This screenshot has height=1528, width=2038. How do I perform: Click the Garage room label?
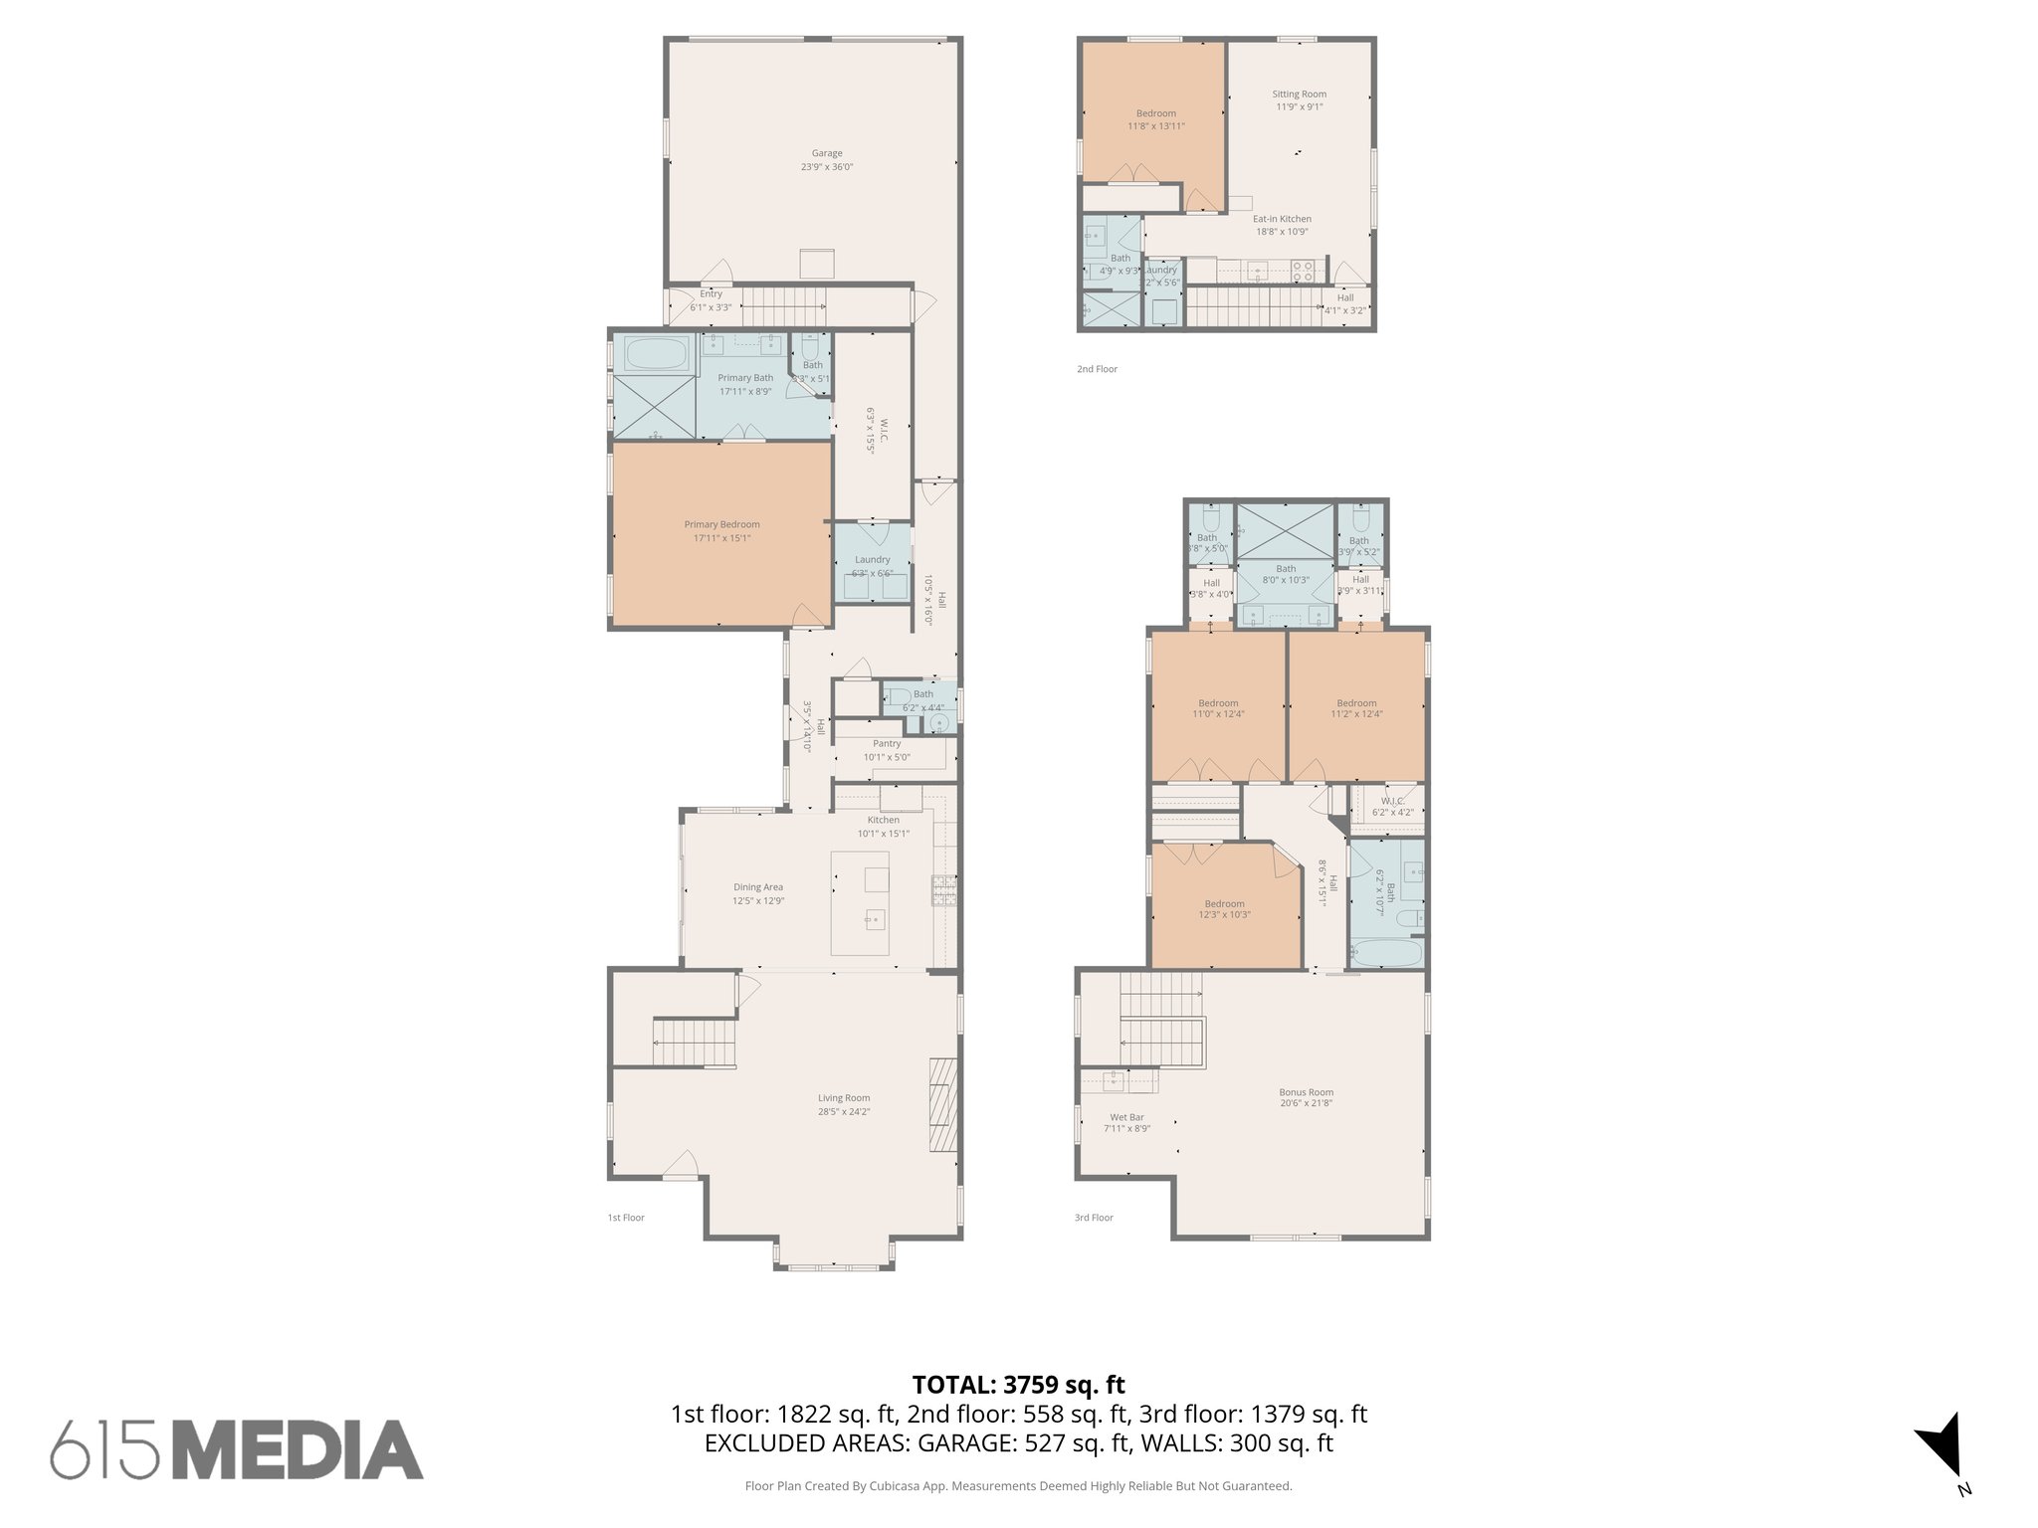pyautogui.click(x=826, y=153)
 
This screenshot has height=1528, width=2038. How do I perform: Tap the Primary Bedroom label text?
pyautogui.click(x=721, y=524)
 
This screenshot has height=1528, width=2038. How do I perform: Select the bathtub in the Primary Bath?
pyautogui.click(x=656, y=352)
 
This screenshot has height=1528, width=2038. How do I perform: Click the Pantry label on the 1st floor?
pyautogui.click(x=886, y=743)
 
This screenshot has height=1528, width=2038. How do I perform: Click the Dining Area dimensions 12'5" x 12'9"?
pyautogui.click(x=758, y=900)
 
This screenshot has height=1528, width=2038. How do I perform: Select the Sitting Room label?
pyautogui.click(x=1299, y=94)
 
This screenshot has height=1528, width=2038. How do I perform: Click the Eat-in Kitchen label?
pyautogui.click(x=1281, y=219)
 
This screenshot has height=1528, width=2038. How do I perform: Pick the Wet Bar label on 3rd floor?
pyautogui.click(x=1126, y=1117)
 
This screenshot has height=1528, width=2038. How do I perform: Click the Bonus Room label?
pyautogui.click(x=1306, y=1091)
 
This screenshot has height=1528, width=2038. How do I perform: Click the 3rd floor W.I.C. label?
pyautogui.click(x=1392, y=801)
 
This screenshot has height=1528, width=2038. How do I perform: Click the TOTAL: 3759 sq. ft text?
pyautogui.click(x=1018, y=1384)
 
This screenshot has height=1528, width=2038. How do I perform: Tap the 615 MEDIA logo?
pyautogui.click(x=237, y=1449)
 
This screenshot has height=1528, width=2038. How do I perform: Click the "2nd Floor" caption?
pyautogui.click(x=1097, y=369)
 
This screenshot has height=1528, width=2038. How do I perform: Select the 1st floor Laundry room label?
pyautogui.click(x=872, y=559)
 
